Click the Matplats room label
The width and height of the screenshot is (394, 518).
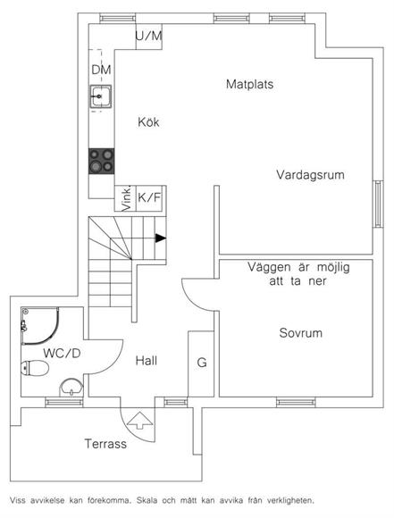coord(249,84)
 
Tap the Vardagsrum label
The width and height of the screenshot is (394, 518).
coord(310,174)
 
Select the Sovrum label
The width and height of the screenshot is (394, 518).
coord(300,332)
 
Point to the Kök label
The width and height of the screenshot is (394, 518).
coord(148,122)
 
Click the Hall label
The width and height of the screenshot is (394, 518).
coord(147,361)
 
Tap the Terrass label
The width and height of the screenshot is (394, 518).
coord(105,443)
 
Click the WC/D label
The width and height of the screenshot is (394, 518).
coord(62,354)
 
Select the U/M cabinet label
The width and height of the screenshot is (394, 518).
coord(148,36)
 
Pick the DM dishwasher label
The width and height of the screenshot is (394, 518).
coord(101,70)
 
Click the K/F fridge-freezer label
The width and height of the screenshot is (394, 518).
coord(149,197)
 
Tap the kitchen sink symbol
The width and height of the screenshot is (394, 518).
coord(100,96)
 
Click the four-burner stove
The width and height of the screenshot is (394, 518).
coord(102,162)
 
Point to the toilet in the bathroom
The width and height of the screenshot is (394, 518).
coord(35,368)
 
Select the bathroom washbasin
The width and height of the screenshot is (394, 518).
coord(71,388)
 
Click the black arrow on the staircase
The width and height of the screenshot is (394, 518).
coord(160,238)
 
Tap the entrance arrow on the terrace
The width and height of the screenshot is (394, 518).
coord(140,421)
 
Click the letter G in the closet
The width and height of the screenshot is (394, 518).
coord(202,363)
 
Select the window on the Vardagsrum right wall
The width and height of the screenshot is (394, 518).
coord(378,204)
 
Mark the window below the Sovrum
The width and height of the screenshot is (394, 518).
coord(296,403)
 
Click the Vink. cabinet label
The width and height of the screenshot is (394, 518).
coord(126,199)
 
